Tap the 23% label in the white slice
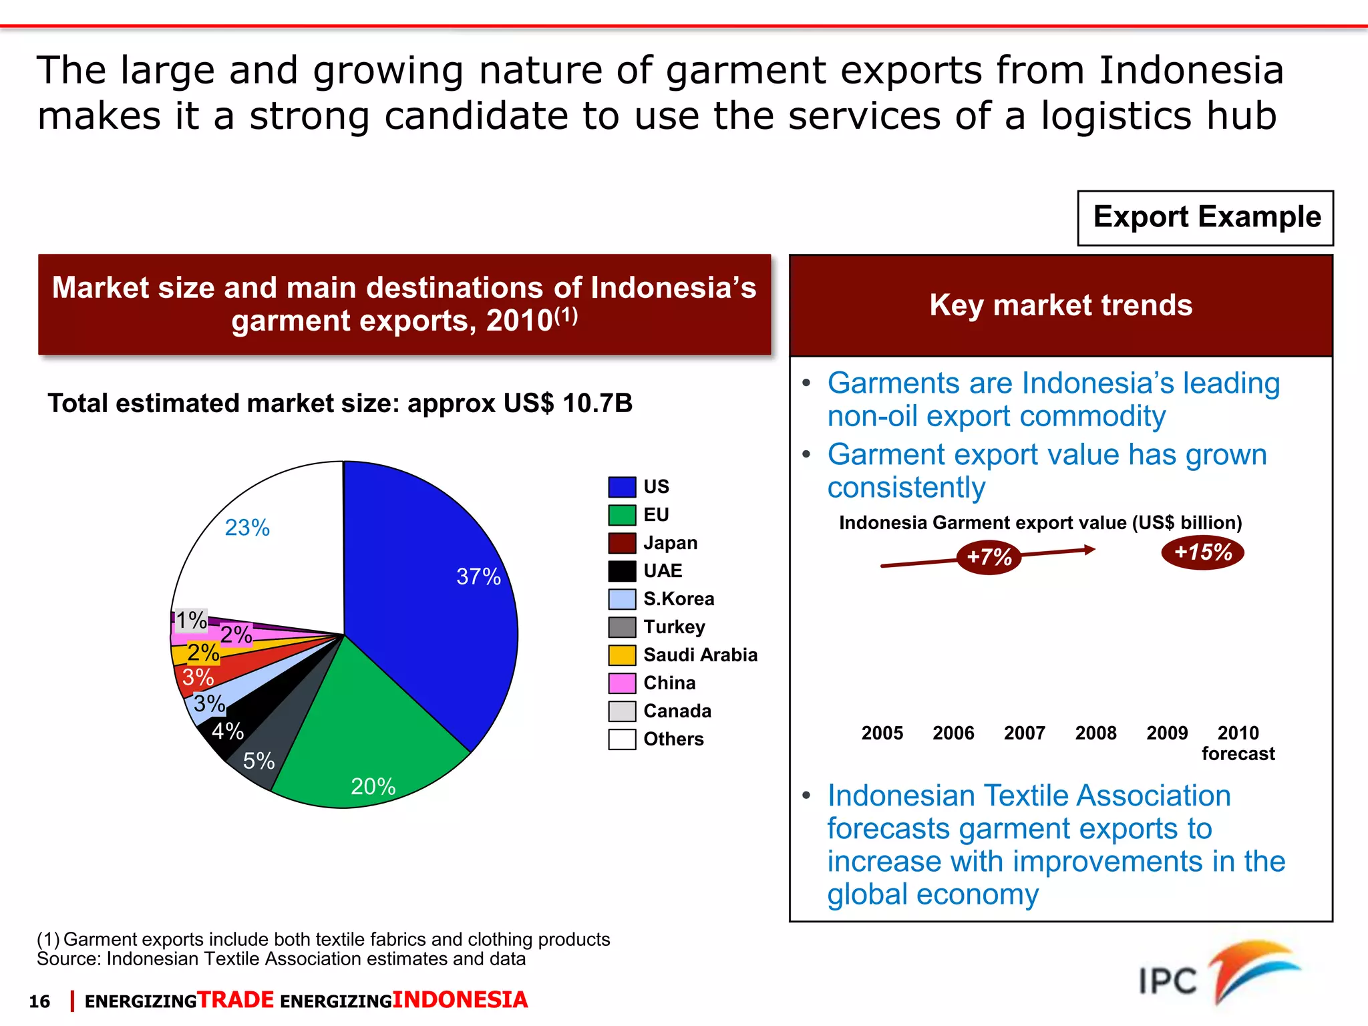pyautogui.click(x=247, y=528)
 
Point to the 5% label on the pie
pyautogui.click(x=259, y=761)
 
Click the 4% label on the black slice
pyautogui.click(x=228, y=731)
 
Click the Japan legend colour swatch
pyautogui.click(x=621, y=543)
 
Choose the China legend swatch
pyautogui.click(x=621, y=683)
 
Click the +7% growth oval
pyautogui.click(x=989, y=556)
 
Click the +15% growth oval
pyautogui.click(x=1203, y=552)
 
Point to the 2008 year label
pyautogui.click(x=1095, y=733)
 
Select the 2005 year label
pyautogui.click(x=882, y=733)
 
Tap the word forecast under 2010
pyautogui.click(x=1238, y=754)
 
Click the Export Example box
pyautogui.click(x=1206, y=218)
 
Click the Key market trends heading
pyautogui.click(x=1061, y=305)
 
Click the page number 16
pyautogui.click(x=39, y=1001)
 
